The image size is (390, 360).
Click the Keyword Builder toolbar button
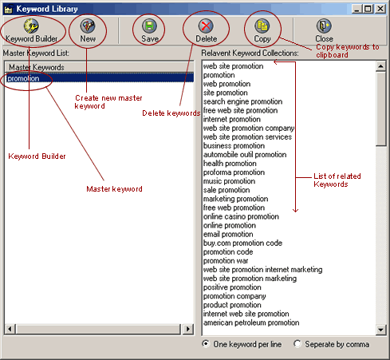pyautogui.click(x=31, y=31)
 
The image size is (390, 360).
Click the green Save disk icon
pyautogui.click(x=149, y=26)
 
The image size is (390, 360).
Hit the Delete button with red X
pyautogui.click(x=206, y=31)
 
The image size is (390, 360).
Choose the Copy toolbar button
pyautogui.click(x=262, y=31)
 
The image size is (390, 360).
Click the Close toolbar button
pyautogui.click(x=324, y=31)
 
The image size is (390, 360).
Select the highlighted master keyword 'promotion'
pyautogui.click(x=23, y=78)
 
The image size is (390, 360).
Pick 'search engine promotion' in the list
pyautogui.click(x=242, y=101)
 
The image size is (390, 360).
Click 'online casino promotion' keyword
pyautogui.click(x=241, y=216)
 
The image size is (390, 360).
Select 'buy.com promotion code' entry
pyautogui.click(x=242, y=243)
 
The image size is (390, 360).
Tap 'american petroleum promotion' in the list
pyautogui.click(x=251, y=322)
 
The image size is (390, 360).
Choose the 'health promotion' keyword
pyautogui.click(x=230, y=164)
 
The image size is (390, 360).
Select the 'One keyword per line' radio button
pyautogui.click(x=206, y=343)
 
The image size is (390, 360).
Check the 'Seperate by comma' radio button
pyautogui.click(x=297, y=343)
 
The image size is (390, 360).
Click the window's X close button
pyautogui.click(x=380, y=9)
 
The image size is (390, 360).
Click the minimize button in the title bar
pyautogui.click(x=357, y=9)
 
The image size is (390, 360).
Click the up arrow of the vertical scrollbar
pyautogui.click(x=380, y=66)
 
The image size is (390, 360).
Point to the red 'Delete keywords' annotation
pyautogui.click(x=171, y=113)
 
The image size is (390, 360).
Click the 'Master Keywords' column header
pyautogui.click(x=99, y=67)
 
